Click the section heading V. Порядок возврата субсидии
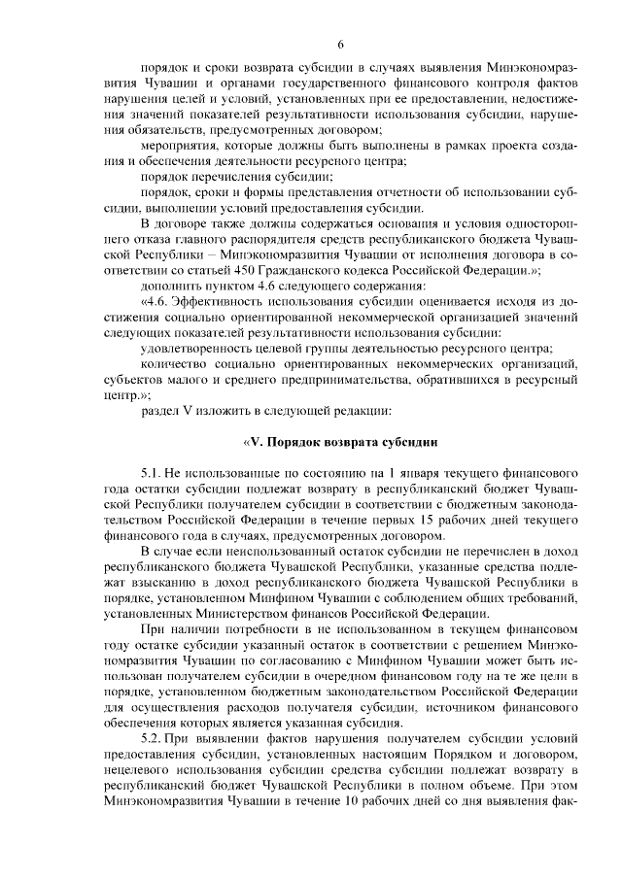(340, 441)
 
